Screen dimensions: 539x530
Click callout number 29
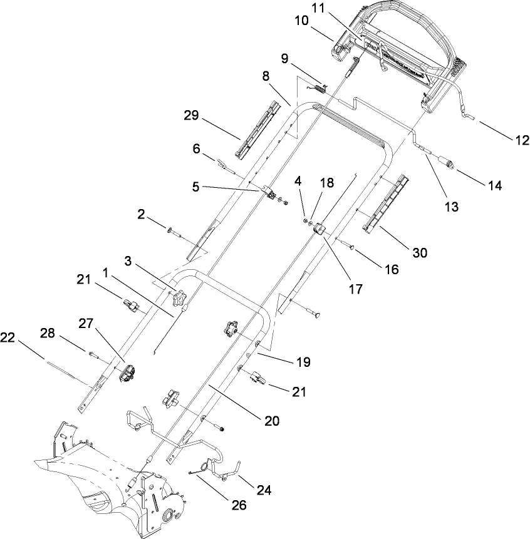[x=192, y=116]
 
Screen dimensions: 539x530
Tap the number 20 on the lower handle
[x=271, y=421]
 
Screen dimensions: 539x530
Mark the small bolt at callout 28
[x=95, y=355]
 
